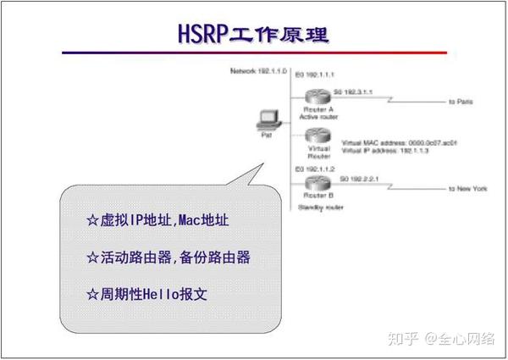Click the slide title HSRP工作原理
253,35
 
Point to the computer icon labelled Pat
266,122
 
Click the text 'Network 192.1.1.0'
258,71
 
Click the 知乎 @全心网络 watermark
441,340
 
